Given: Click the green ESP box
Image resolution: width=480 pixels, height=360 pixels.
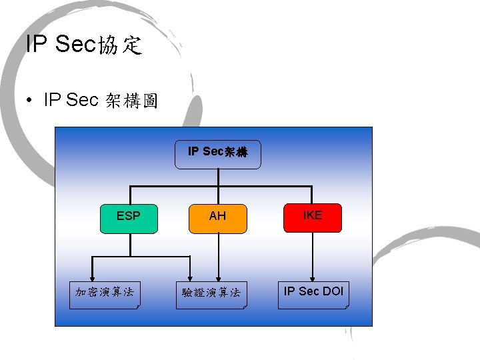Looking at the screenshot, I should pos(129,219).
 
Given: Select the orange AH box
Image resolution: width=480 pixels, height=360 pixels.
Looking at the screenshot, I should pos(218,219).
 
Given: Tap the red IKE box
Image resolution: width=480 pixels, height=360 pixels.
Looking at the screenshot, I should pos(312,217).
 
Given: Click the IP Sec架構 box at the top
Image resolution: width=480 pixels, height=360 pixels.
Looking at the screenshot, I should pos(218,154).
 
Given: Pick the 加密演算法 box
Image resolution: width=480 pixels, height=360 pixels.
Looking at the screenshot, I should pos(105,293).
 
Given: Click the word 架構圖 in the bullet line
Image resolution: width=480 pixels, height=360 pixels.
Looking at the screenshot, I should pos(131,101).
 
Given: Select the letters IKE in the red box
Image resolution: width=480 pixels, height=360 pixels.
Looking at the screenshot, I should pos(312,215).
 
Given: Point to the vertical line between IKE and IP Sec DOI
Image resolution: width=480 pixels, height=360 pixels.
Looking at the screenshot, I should pos(311,253).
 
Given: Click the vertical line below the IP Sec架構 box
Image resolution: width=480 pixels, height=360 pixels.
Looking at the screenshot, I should pos(218,177).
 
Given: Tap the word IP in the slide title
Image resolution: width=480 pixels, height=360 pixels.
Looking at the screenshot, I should pos(36,44).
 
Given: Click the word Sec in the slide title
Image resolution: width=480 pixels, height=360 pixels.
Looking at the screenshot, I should pos(75,44).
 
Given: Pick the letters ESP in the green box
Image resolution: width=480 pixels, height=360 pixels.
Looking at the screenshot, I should pos(129,216).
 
